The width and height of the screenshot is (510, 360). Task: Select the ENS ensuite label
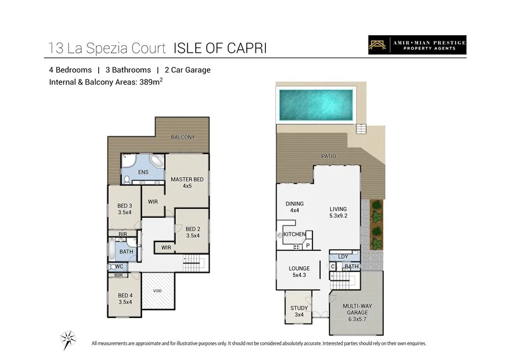(143, 172)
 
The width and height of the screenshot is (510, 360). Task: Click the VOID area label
(157, 291)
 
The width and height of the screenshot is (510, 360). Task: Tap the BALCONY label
(183, 138)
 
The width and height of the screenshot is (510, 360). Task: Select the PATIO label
(328, 156)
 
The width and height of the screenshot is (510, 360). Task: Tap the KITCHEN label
(294, 234)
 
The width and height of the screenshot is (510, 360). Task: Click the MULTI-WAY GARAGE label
(356, 310)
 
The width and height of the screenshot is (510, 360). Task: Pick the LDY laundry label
(343, 257)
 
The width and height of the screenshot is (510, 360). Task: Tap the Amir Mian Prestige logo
(417, 45)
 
